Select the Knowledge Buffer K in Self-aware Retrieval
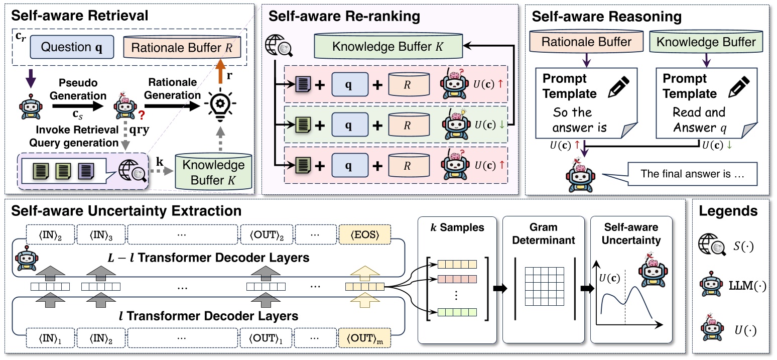(213, 171)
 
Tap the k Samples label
(457, 227)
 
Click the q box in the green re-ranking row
(350, 124)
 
